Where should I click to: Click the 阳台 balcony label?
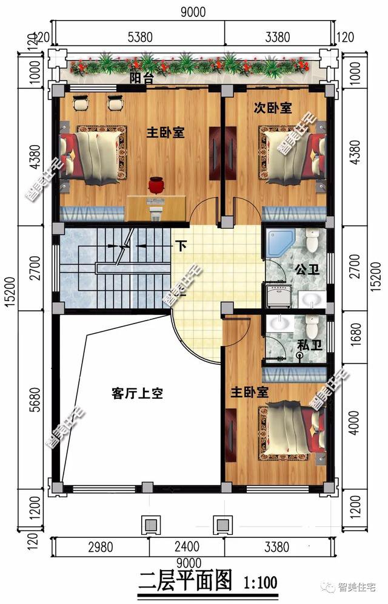click(x=141, y=78)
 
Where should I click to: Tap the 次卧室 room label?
click(x=272, y=108)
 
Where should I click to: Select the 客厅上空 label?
click(x=137, y=393)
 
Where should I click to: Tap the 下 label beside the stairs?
click(x=181, y=246)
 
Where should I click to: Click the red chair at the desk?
click(x=157, y=185)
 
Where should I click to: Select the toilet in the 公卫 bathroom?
click(x=312, y=241)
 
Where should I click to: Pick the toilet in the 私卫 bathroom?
click(x=312, y=328)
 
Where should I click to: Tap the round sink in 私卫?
click(x=280, y=325)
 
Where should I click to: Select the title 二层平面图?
click(x=186, y=583)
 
